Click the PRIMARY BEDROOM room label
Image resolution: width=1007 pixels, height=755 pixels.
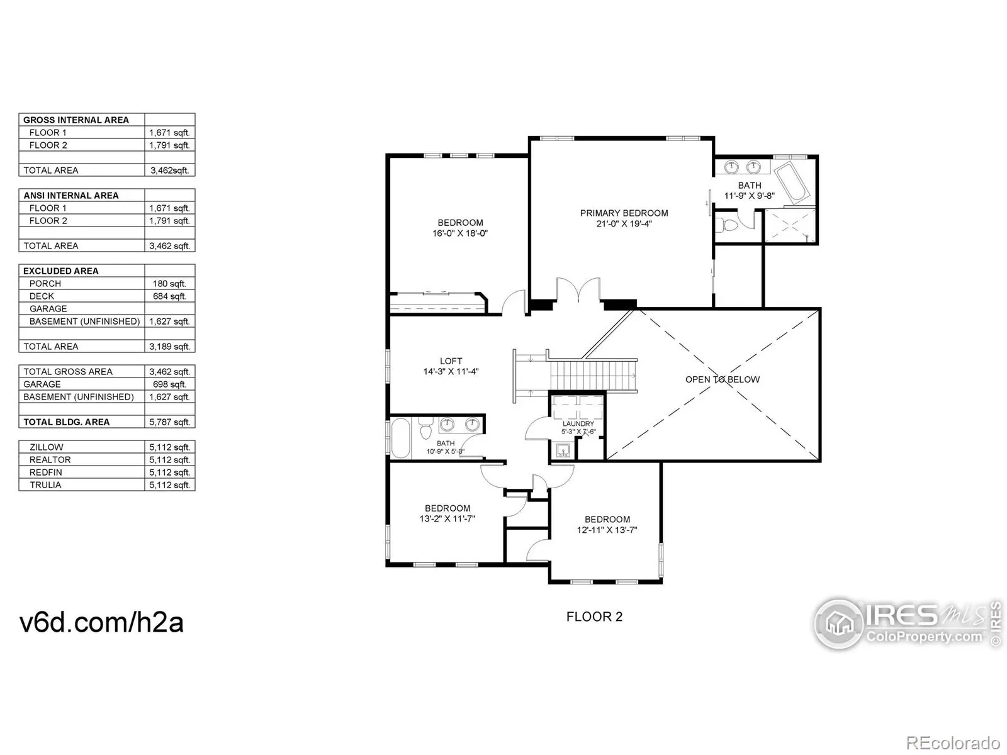624,213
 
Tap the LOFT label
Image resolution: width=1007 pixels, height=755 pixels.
451,361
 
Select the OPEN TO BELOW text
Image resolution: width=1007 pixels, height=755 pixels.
722,379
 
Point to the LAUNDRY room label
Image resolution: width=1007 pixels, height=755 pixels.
578,423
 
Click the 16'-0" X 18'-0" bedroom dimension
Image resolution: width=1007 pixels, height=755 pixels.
459,233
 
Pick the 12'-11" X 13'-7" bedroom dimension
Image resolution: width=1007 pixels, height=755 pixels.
607,530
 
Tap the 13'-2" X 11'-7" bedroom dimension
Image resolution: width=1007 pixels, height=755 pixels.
447,519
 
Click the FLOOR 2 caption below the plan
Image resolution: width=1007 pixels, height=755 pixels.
594,617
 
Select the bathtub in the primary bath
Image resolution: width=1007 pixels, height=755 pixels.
791,182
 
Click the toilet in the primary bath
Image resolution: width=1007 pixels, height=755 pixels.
728,225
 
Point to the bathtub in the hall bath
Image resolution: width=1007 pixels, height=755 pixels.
400,438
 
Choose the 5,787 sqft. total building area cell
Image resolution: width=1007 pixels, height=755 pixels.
169,422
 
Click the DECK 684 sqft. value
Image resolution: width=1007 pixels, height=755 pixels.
169,296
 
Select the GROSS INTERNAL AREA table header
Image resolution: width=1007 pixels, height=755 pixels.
76,120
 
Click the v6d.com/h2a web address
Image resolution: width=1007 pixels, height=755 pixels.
101,622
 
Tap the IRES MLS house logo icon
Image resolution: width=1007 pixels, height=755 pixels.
839,623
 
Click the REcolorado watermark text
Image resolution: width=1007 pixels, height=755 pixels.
953,742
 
